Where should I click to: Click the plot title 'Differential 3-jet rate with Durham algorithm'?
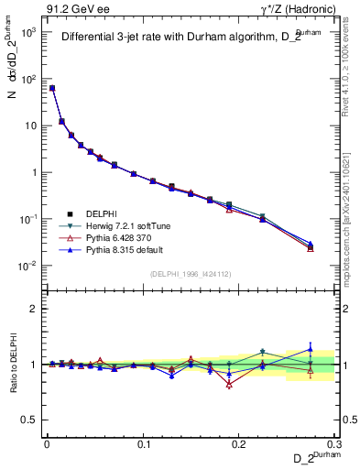tap(183, 38)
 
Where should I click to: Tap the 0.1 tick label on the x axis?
tap(143, 442)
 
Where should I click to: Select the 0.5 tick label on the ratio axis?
tap(30, 420)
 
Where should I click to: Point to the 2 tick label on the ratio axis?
tap(35, 309)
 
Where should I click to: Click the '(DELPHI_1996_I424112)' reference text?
tap(192, 273)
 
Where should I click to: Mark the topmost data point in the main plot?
tap(52, 88)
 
